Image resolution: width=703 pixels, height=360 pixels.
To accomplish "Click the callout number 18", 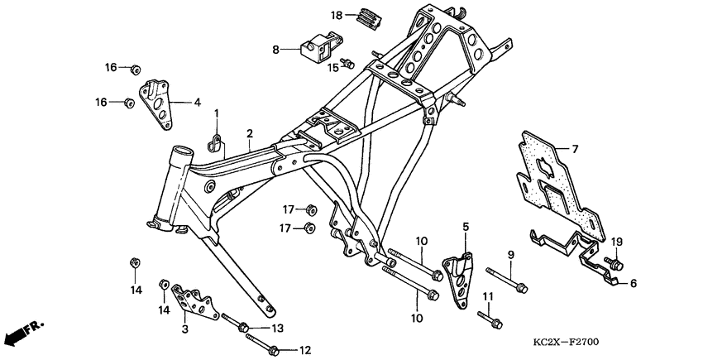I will pos(337,16).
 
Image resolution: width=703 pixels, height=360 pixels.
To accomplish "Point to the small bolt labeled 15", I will pos(350,62).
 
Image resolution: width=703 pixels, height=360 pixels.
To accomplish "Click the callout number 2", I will pos(249,133).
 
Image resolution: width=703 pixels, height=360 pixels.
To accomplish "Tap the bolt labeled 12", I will pos(269,345).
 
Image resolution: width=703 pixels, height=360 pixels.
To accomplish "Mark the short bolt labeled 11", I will pos(489,315).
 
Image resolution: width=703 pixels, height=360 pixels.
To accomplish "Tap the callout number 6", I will pos(634,282).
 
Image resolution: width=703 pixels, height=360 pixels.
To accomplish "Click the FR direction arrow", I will pos(24,334).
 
